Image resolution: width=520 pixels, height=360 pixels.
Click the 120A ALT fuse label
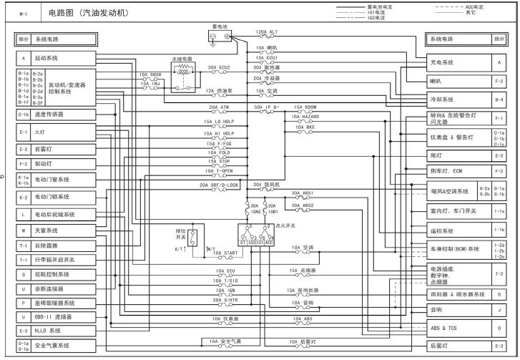coord(268,32)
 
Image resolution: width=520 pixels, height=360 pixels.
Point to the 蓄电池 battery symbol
coord(215,38)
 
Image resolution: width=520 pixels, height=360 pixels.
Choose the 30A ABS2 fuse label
coord(303,205)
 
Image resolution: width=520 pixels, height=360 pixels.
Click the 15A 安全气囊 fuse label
coord(222,341)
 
